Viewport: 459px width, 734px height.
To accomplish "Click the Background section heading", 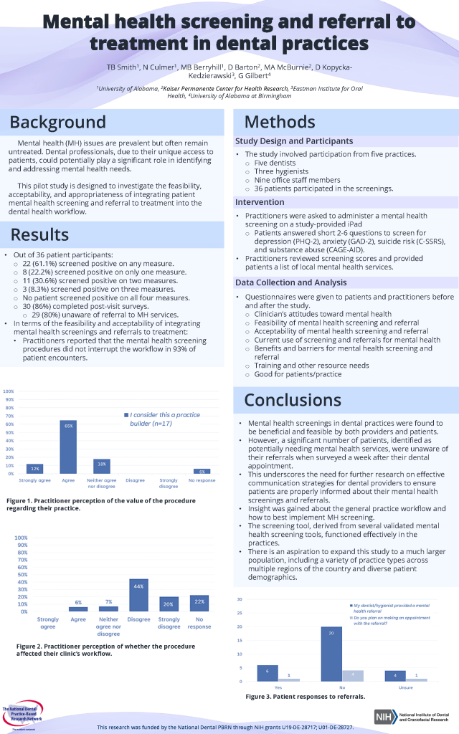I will click(x=57, y=121).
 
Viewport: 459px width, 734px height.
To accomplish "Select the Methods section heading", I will click(x=280, y=121).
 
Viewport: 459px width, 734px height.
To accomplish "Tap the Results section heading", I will click(x=39, y=234).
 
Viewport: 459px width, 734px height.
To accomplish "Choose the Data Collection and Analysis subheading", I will click(x=292, y=282).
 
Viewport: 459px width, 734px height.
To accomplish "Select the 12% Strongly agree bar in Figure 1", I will click(x=34, y=469).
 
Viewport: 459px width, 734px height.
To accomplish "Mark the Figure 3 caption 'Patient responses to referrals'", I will click(x=305, y=696).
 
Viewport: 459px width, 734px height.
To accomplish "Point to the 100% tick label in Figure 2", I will click(x=21, y=538).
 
